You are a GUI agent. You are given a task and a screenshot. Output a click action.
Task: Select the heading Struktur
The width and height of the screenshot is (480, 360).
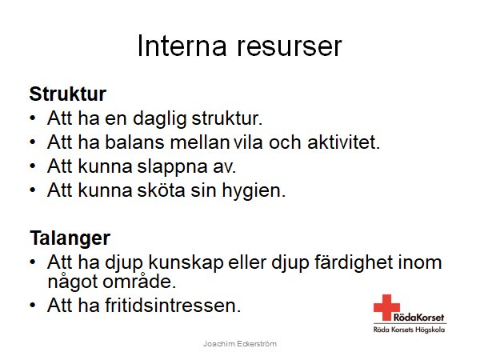pyautogui.click(x=68, y=94)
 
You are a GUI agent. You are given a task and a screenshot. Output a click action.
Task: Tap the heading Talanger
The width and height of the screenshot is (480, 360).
pyautogui.click(x=70, y=238)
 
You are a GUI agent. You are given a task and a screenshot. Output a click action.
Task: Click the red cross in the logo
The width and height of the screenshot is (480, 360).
pyautogui.click(x=386, y=306)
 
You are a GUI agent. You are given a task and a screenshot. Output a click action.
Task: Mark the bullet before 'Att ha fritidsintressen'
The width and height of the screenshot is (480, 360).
pyautogui.click(x=32, y=306)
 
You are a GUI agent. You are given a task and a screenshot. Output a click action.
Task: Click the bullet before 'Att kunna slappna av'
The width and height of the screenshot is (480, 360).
pyautogui.click(x=32, y=167)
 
